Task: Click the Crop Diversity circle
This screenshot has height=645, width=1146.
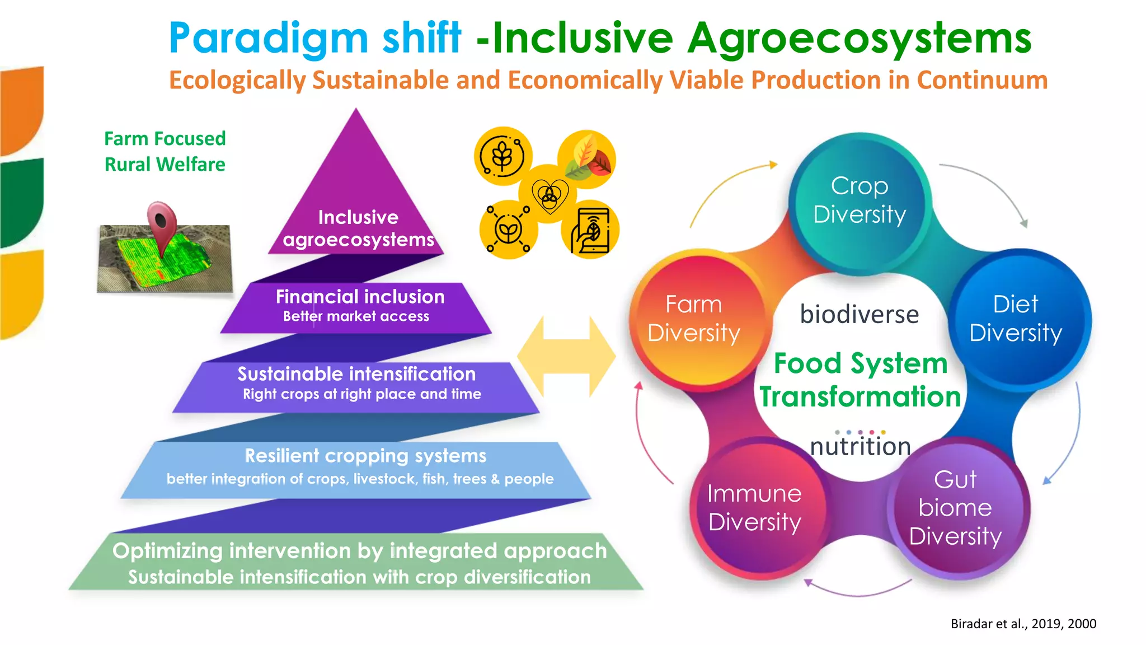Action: [x=859, y=202]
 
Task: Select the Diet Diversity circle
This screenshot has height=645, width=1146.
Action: [x=1016, y=319]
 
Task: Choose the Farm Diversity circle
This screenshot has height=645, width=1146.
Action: [x=694, y=319]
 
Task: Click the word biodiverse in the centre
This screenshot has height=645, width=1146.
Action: [x=859, y=314]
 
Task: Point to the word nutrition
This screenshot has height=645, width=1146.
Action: [x=861, y=447]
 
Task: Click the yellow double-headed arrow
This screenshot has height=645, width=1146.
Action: [x=566, y=356]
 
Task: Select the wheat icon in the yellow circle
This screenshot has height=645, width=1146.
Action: [x=502, y=156]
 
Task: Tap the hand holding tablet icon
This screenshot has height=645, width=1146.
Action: [x=590, y=230]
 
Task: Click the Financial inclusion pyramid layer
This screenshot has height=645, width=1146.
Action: [x=358, y=305]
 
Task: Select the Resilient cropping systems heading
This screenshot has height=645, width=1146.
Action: [x=365, y=456]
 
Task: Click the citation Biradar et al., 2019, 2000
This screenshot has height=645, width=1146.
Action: [x=1023, y=624]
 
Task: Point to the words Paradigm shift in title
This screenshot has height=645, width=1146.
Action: [x=315, y=38]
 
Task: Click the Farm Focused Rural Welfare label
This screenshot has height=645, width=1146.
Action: [x=165, y=151]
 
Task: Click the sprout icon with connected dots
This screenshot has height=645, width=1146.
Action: [x=508, y=230]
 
